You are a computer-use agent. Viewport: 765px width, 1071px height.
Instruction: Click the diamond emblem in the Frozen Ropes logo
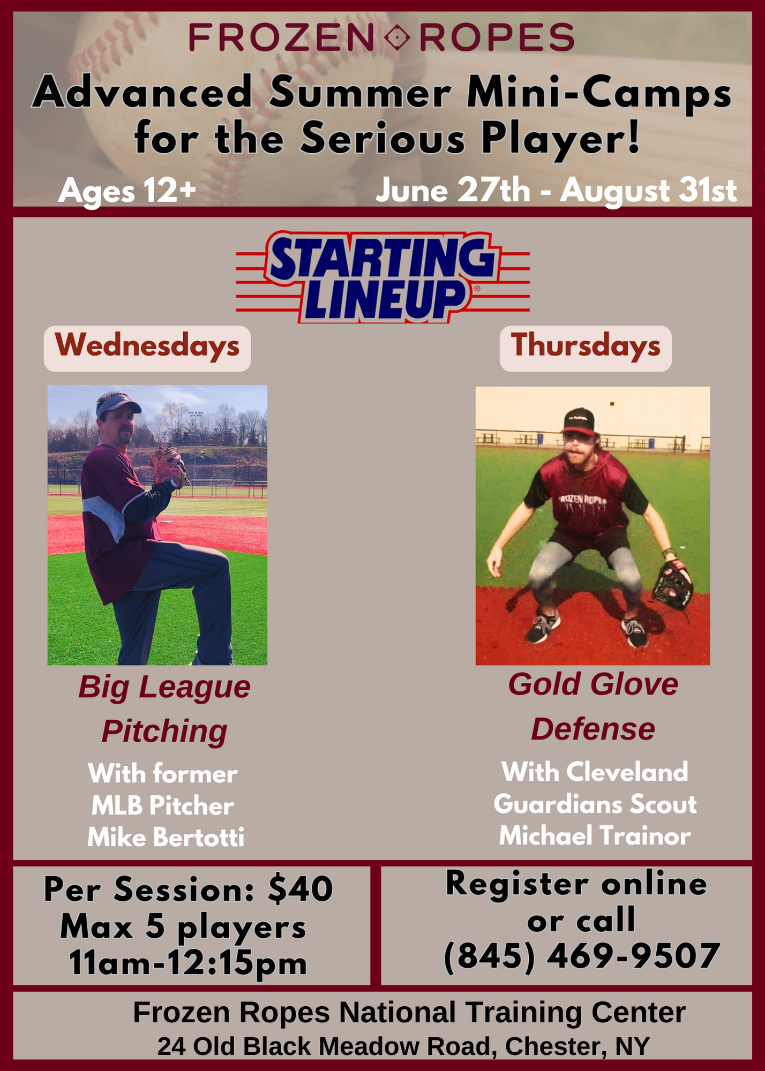(x=397, y=38)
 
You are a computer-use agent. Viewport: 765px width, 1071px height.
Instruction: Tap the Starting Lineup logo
(x=382, y=277)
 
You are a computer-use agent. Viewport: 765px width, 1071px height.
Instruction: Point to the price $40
(x=301, y=889)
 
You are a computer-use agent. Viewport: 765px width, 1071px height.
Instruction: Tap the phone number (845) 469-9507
(x=582, y=956)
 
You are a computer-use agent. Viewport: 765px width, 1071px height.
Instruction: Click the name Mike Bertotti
(x=166, y=837)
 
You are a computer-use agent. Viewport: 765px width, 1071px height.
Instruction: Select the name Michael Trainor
(x=595, y=835)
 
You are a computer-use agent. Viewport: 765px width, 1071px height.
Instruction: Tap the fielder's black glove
(x=673, y=585)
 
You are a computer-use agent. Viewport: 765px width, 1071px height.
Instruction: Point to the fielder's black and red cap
(x=579, y=421)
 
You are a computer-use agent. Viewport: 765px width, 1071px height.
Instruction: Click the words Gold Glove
(x=592, y=684)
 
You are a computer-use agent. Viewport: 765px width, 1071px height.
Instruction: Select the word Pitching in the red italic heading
(x=164, y=731)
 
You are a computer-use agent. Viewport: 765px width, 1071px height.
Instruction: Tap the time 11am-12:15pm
(x=189, y=964)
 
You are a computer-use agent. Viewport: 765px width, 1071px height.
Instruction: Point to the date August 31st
(x=649, y=191)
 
